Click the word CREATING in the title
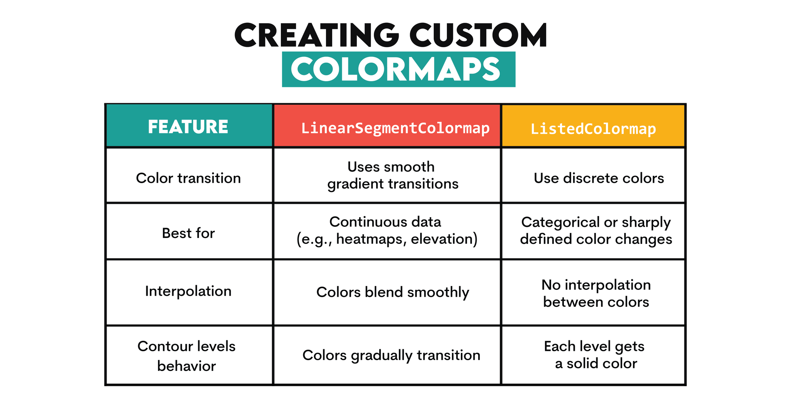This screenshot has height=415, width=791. (316, 35)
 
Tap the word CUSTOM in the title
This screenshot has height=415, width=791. (478, 35)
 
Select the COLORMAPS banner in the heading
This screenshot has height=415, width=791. (398, 70)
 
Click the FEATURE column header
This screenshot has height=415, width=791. (188, 127)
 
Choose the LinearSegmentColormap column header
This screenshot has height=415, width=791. (395, 128)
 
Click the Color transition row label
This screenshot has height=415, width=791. (188, 178)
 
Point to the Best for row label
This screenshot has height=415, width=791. (188, 233)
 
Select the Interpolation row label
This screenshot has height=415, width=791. (188, 291)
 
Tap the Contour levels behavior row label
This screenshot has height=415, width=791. (187, 356)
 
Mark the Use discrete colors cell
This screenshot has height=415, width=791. (599, 178)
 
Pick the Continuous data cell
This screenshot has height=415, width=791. (386, 230)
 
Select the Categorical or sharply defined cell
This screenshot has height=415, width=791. (596, 231)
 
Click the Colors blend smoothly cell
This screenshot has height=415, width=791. (392, 292)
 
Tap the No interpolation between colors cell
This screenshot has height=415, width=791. (596, 293)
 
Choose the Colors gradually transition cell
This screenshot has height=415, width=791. (391, 355)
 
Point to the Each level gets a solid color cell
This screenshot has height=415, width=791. (595, 355)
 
